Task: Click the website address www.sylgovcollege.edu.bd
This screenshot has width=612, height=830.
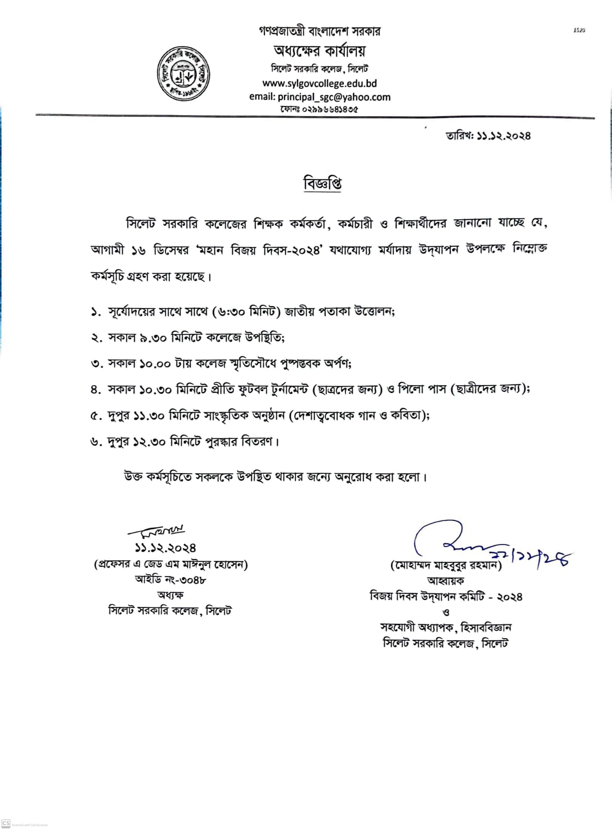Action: point(319,84)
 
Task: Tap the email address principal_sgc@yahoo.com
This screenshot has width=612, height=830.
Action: point(319,97)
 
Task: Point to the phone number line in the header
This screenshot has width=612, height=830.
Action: point(319,109)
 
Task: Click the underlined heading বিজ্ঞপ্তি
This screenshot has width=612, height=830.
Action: point(322,183)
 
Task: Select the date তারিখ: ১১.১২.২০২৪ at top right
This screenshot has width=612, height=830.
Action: point(488,135)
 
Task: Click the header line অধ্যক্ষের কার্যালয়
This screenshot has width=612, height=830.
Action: point(319,51)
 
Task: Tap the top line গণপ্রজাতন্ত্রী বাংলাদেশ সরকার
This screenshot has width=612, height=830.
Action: point(319,31)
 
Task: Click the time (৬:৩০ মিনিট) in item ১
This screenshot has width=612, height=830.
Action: point(249,312)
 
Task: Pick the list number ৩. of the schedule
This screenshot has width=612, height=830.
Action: point(96,364)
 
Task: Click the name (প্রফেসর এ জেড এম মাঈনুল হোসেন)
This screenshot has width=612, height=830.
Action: point(170,565)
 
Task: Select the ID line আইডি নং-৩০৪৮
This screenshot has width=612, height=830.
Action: point(170,580)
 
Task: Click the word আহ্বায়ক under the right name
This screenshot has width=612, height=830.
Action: point(446,581)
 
